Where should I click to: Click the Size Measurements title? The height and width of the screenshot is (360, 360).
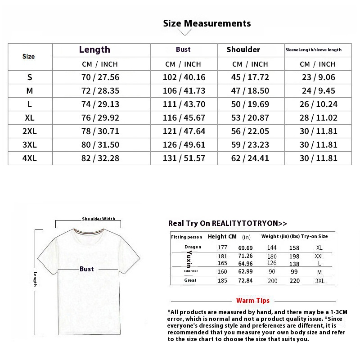click(x=207, y=23)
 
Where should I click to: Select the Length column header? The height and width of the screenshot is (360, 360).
click(x=94, y=49)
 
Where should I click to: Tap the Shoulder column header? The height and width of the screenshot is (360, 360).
click(x=243, y=49)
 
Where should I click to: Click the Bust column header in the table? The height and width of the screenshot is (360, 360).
click(x=183, y=49)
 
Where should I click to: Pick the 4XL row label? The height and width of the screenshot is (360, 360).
click(x=30, y=158)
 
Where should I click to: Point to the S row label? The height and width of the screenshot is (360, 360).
click(x=30, y=77)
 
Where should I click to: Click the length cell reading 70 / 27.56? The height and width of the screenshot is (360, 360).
click(x=100, y=77)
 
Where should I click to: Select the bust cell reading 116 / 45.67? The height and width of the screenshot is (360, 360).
click(x=184, y=118)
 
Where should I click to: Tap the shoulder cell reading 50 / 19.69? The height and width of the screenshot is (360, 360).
click(x=250, y=104)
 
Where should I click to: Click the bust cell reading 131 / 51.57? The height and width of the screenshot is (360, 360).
click(x=184, y=158)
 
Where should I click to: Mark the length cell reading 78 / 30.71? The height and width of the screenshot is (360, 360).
click(x=100, y=131)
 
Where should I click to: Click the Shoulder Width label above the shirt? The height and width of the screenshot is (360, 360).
click(x=99, y=219)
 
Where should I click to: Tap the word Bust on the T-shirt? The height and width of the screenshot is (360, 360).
click(x=87, y=269)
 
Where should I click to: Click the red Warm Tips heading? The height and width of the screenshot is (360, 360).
click(x=253, y=301)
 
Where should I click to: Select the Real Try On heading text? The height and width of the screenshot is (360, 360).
click(x=227, y=223)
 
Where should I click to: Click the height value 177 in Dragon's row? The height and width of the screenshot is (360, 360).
click(x=222, y=247)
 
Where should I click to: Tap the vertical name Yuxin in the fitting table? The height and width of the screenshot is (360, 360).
click(x=189, y=260)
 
